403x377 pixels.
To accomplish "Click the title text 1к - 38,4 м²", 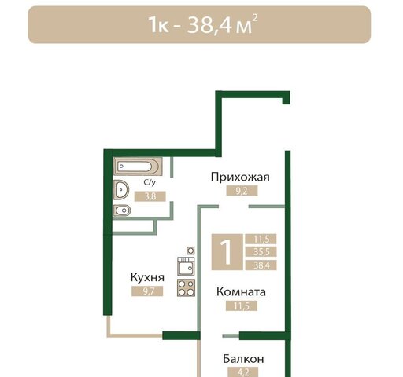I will click(202, 24).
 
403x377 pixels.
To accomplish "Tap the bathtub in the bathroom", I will click(137, 167).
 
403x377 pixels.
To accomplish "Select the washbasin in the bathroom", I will click(122, 189).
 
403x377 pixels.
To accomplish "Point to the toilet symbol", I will click(123, 213).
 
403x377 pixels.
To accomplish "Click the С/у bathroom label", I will click(149, 183).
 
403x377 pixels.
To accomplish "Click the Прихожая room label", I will click(240, 177).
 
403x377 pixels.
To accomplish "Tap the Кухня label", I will click(147, 277).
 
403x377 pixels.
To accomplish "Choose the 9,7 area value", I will click(147, 291).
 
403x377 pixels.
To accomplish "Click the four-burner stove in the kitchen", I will click(187, 287).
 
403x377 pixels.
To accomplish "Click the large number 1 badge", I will click(226, 253).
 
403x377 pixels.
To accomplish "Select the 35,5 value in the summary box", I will click(260, 252).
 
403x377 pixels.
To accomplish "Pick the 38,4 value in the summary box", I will click(260, 265).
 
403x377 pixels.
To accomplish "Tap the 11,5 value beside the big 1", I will click(260, 239).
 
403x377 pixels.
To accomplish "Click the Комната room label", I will click(241, 291).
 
